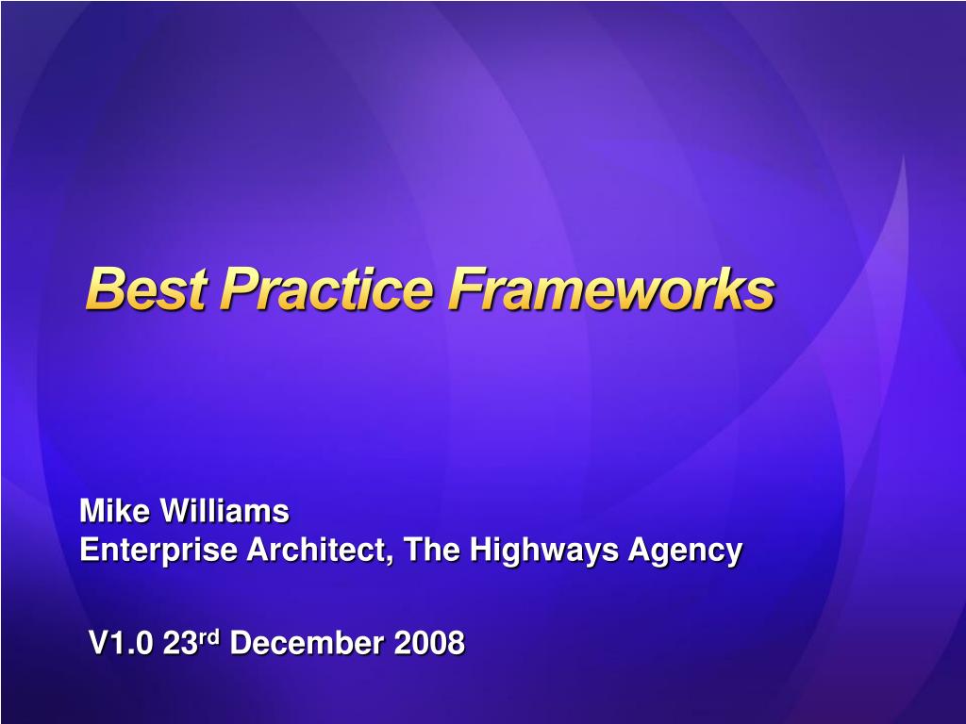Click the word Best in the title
click(145, 288)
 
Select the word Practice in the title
click(326, 288)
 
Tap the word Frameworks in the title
click(610, 288)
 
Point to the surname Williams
click(225, 512)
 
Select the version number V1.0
click(121, 644)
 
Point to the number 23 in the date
click(179, 644)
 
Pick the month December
click(307, 644)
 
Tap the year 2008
click(429, 644)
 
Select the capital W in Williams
click(173, 512)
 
